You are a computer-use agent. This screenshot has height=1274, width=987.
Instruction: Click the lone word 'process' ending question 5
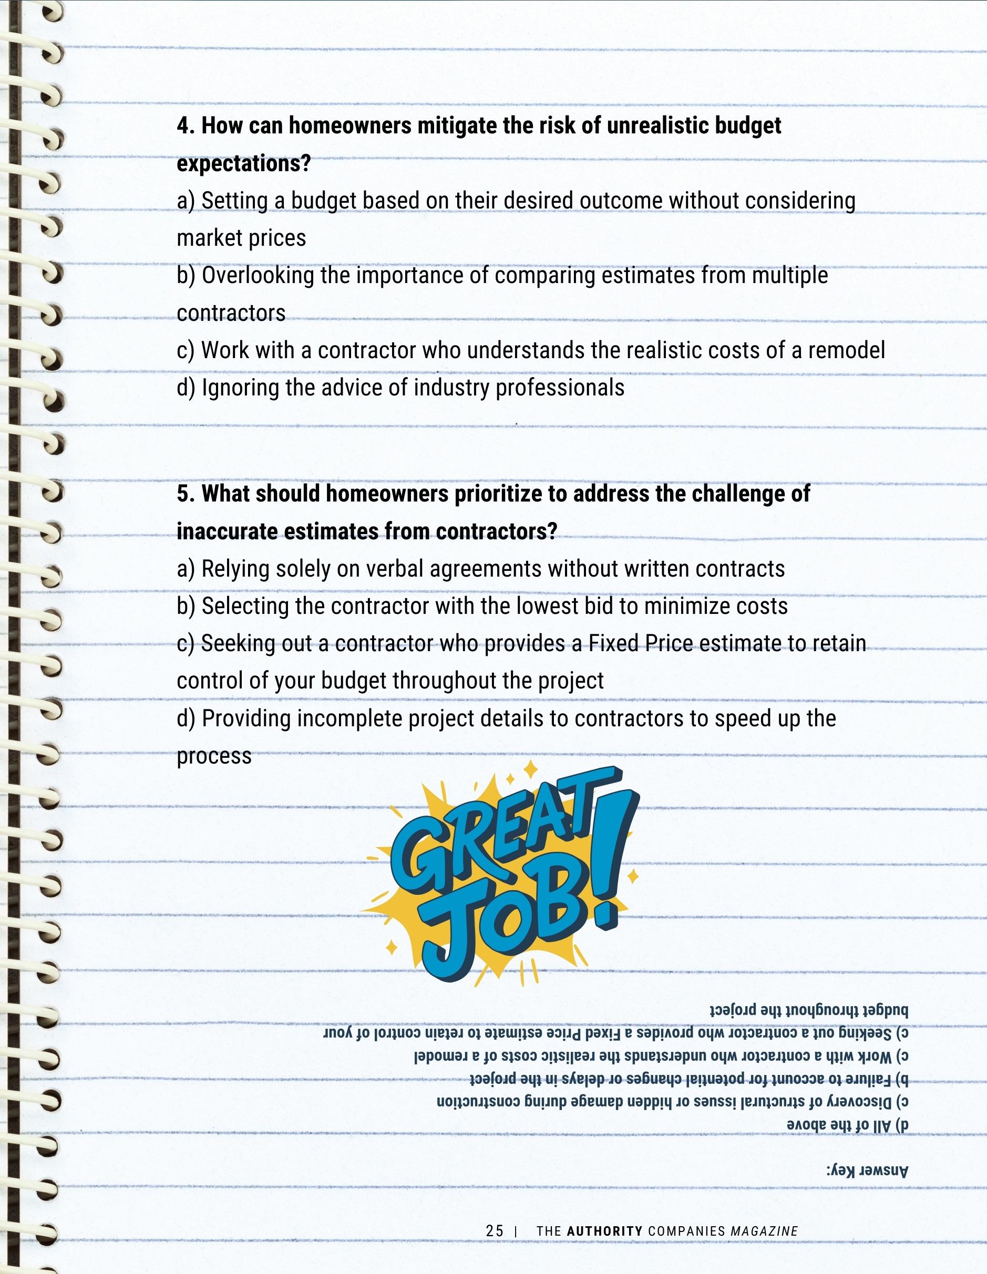point(214,757)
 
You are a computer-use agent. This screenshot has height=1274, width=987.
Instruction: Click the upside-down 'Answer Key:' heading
point(867,1171)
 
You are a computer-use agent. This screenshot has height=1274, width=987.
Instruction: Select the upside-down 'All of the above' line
point(846,1126)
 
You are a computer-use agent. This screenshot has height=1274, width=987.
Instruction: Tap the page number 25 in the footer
point(495,1231)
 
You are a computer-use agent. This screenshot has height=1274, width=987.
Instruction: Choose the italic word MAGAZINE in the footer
point(764,1231)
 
